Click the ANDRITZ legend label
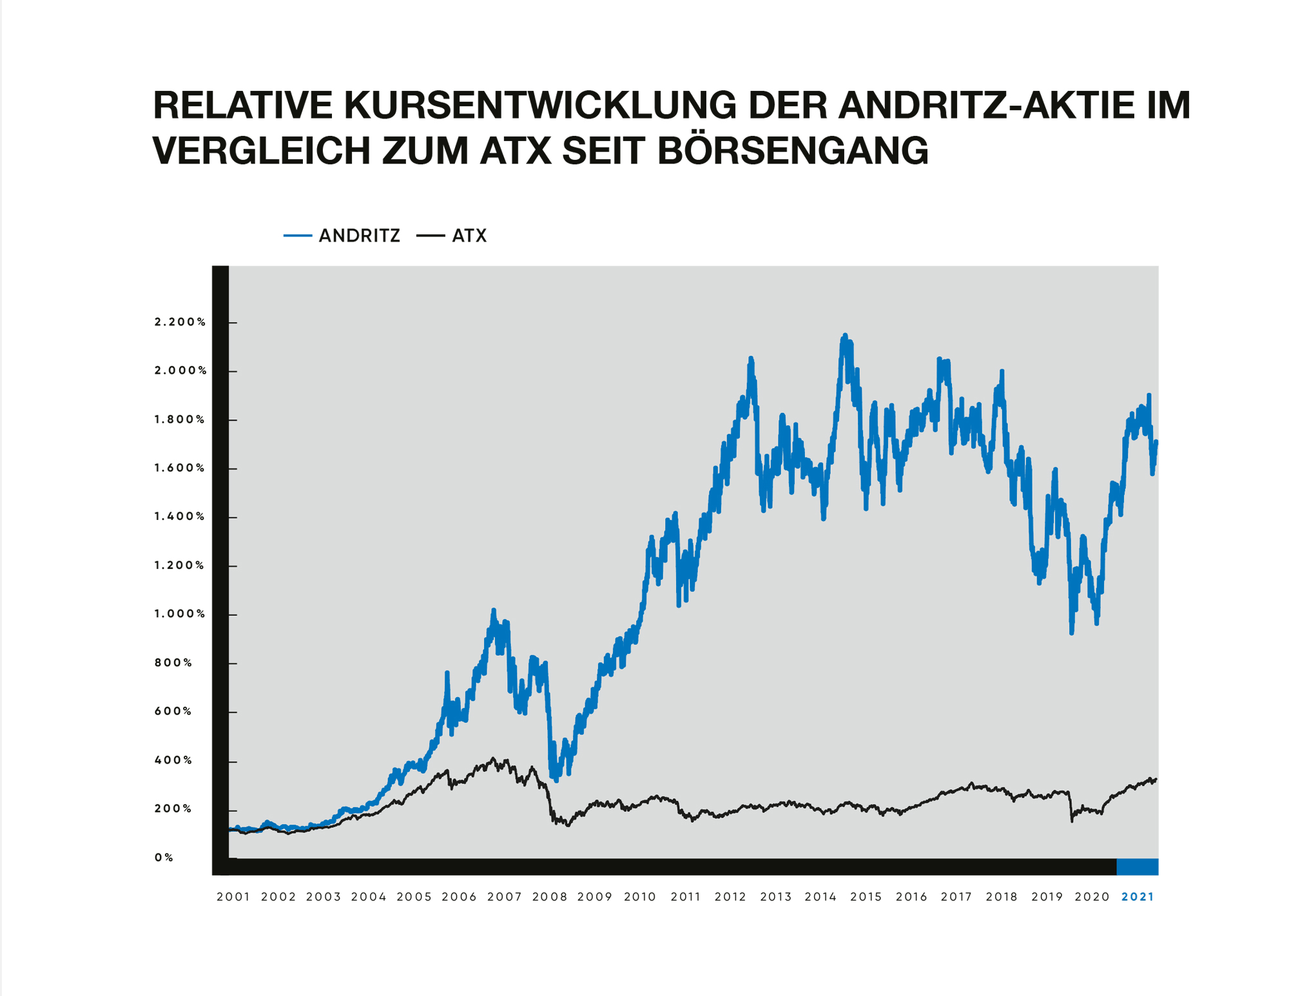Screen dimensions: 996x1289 pyautogui.click(x=359, y=236)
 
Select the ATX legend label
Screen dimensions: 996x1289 pyautogui.click(x=469, y=236)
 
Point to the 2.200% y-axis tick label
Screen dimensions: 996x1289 pyautogui.click(x=180, y=321)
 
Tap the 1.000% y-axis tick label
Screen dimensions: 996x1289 pyautogui.click(x=179, y=614)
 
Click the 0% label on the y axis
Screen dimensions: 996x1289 pyautogui.click(x=164, y=857)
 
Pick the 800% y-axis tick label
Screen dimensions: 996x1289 pyautogui.click(x=173, y=662)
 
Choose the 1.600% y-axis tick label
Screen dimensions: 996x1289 pyautogui.click(x=179, y=468)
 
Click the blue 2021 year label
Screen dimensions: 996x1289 pyautogui.click(x=1138, y=897)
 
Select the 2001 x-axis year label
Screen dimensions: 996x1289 pyautogui.click(x=233, y=897)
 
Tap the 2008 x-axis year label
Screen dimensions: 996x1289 pyautogui.click(x=549, y=897)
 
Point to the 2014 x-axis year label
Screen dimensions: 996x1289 pyautogui.click(x=820, y=897)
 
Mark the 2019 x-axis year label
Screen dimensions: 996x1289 pyautogui.click(x=1047, y=897)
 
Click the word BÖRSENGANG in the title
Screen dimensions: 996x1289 pyautogui.click(x=793, y=151)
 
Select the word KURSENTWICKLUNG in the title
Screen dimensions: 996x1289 pyautogui.click(x=539, y=105)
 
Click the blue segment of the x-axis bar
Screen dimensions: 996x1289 pyautogui.click(x=1137, y=867)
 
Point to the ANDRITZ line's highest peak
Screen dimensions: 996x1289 pyautogui.click(x=844, y=336)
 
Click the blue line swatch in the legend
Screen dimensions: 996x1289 pyautogui.click(x=297, y=236)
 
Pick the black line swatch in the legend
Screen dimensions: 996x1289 pyautogui.click(x=430, y=236)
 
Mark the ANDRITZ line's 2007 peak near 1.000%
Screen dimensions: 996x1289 pyautogui.click(x=494, y=609)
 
